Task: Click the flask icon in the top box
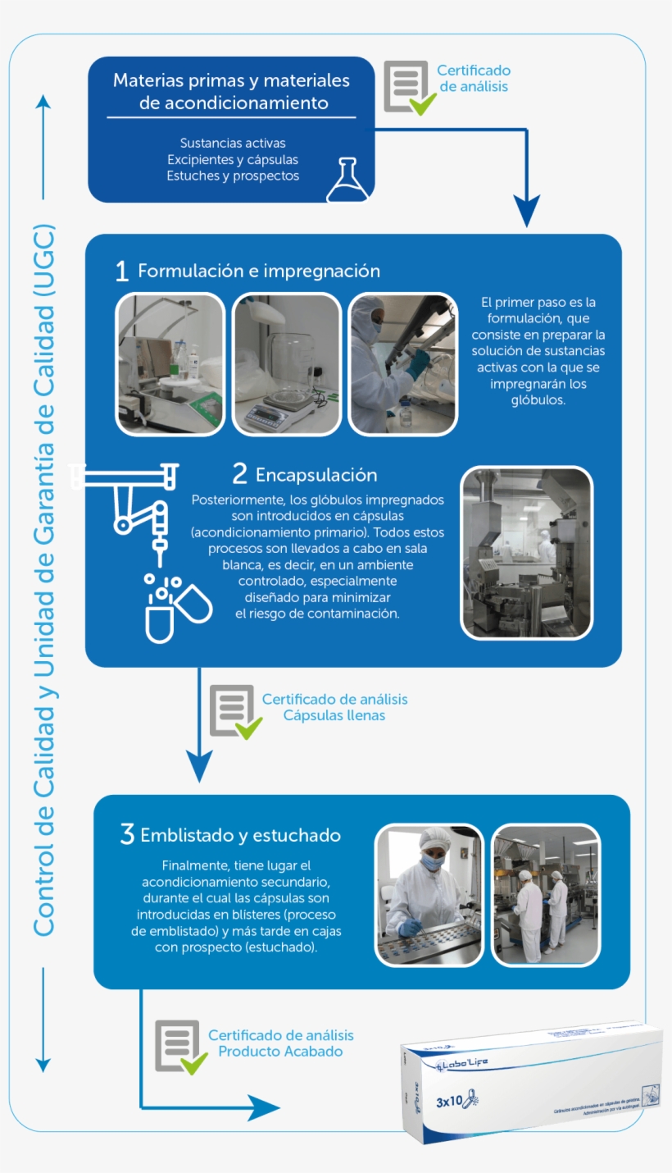pos(347,180)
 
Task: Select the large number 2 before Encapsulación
pos(239,474)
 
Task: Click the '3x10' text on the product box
pos(449,1102)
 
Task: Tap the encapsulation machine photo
pos(526,553)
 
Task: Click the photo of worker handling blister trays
pos(429,894)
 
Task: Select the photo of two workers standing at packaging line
pos(545,894)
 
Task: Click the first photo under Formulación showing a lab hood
pos(170,363)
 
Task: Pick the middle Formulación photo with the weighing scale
pos(286,363)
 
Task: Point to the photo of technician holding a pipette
pos(402,363)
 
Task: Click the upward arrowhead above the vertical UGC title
pos(43,102)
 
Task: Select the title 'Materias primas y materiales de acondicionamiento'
pos(231,92)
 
